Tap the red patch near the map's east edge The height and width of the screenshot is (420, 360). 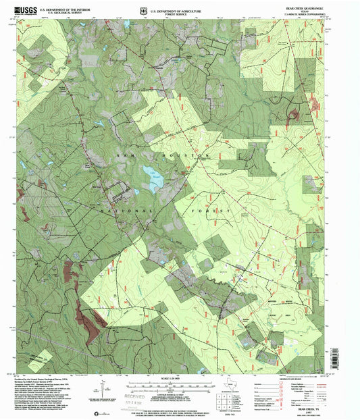point(294,113)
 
